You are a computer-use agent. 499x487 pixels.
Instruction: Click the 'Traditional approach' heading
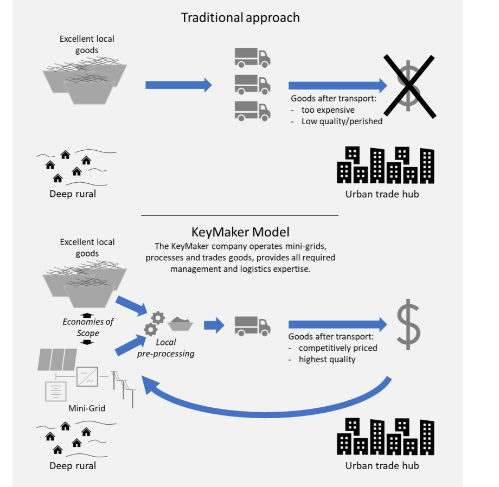tap(240, 17)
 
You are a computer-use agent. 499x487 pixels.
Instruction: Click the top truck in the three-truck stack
tap(252, 57)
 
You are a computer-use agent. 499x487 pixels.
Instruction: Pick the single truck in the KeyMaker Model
tap(252, 325)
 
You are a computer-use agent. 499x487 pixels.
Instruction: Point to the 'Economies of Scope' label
tap(87, 327)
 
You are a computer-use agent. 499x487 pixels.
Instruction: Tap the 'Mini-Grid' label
tap(87, 408)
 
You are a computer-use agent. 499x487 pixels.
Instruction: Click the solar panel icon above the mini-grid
tap(57, 359)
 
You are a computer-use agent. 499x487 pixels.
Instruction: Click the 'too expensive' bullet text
tap(328, 110)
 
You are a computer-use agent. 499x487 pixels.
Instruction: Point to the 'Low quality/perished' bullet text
tap(342, 121)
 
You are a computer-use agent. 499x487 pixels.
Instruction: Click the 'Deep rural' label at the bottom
tap(73, 465)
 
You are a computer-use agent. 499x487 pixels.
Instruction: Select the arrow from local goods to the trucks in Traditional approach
tap(178, 85)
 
